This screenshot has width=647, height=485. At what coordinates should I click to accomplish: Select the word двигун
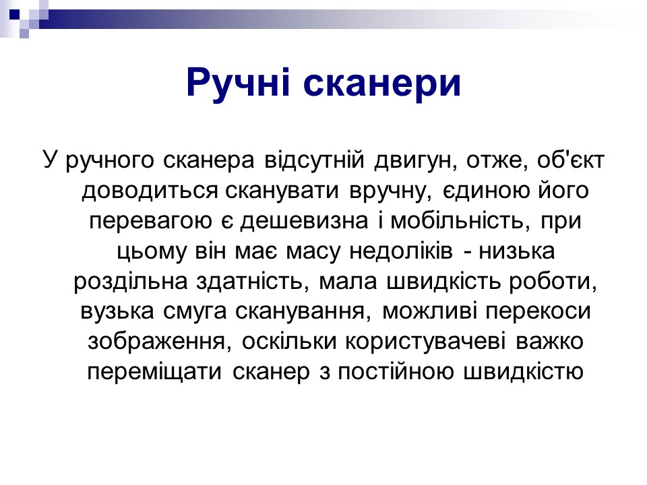[x=417, y=160]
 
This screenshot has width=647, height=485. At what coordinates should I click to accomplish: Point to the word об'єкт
[x=571, y=160]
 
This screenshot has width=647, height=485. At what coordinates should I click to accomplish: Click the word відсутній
[x=315, y=160]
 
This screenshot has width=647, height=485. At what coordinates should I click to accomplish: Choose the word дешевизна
[x=304, y=221]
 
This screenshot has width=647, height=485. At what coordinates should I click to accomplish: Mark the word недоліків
[x=401, y=251]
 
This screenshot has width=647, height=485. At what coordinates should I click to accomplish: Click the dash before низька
[x=468, y=252]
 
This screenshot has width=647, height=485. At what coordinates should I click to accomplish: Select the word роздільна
[x=130, y=282]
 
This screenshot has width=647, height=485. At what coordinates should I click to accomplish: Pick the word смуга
[x=195, y=312]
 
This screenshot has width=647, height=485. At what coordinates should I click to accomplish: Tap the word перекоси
[x=538, y=312]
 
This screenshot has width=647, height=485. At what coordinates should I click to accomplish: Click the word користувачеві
[x=425, y=342]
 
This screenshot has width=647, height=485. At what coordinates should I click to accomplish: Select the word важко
[x=549, y=342]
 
